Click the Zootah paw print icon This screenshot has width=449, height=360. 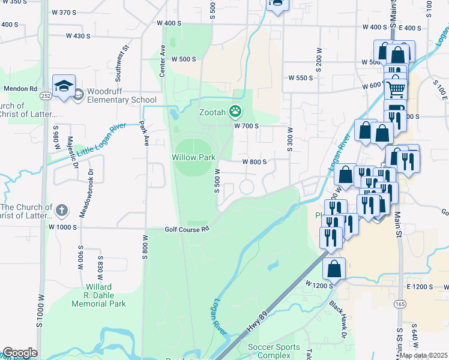tap(237, 111)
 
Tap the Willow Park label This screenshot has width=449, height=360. tap(193, 157)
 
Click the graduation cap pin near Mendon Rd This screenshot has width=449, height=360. tap(64, 88)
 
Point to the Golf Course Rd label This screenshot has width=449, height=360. tap(187, 229)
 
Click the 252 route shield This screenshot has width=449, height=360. tap(46, 95)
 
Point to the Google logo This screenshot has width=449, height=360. tap(20, 353)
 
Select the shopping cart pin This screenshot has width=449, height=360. tap(395, 89)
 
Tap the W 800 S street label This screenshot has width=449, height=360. tap(254, 162)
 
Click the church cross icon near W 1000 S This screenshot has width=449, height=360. tap(61, 210)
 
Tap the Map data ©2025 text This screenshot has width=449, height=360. tap(423, 355)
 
